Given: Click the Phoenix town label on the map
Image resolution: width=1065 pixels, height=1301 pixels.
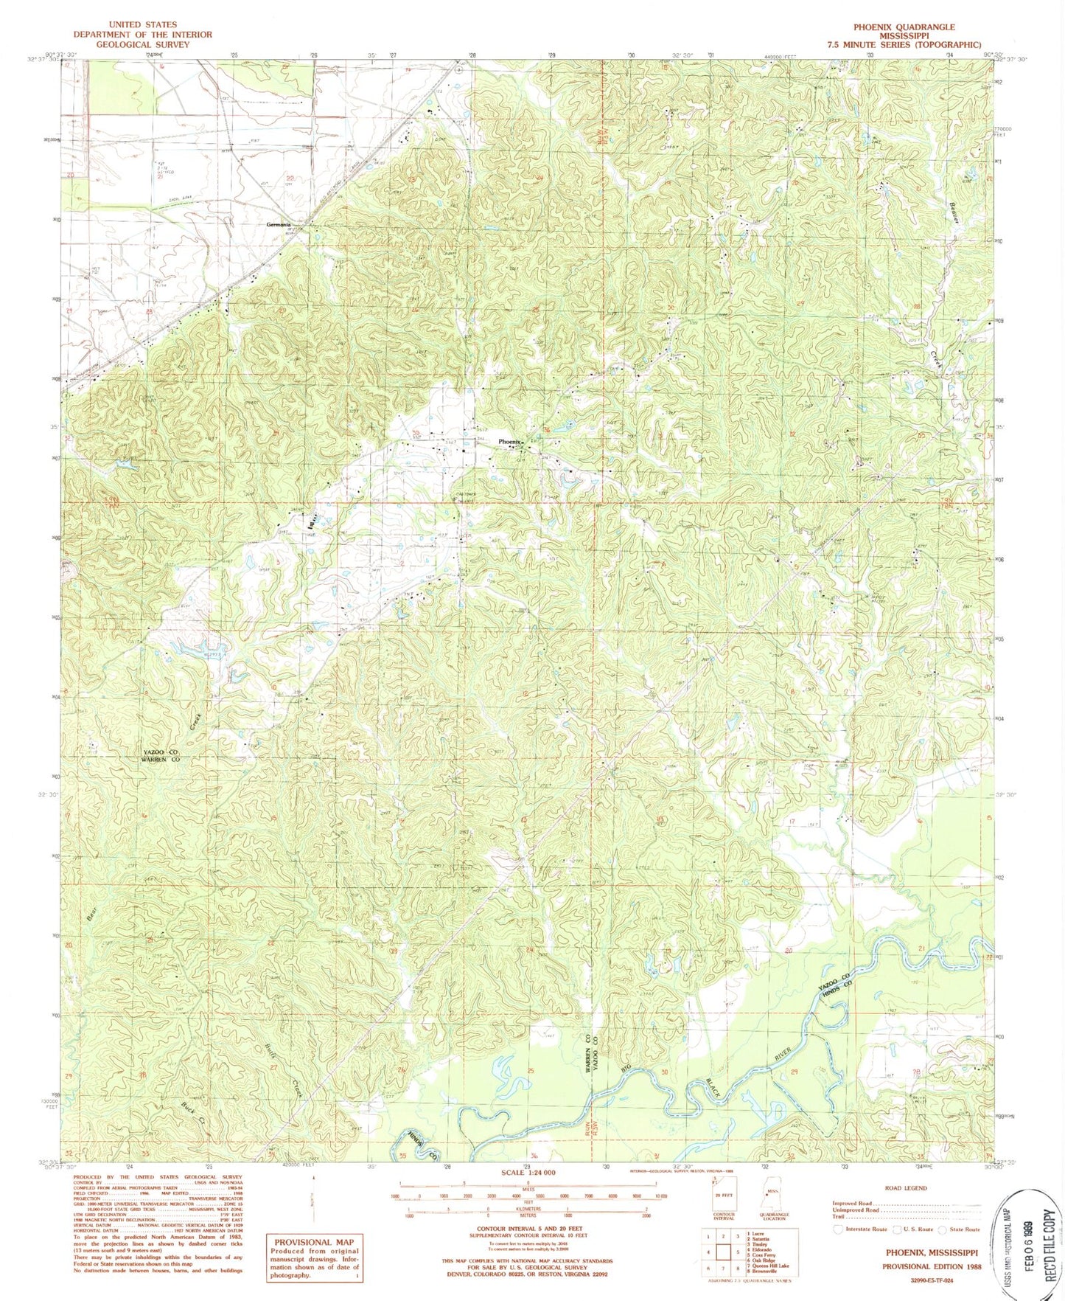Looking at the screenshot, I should (511, 442).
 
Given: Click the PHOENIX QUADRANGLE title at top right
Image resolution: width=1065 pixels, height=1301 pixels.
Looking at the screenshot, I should (904, 27).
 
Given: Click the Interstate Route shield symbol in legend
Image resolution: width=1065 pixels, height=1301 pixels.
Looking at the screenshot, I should (839, 1229).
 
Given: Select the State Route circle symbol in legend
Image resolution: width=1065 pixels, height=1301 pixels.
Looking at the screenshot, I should (943, 1229).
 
